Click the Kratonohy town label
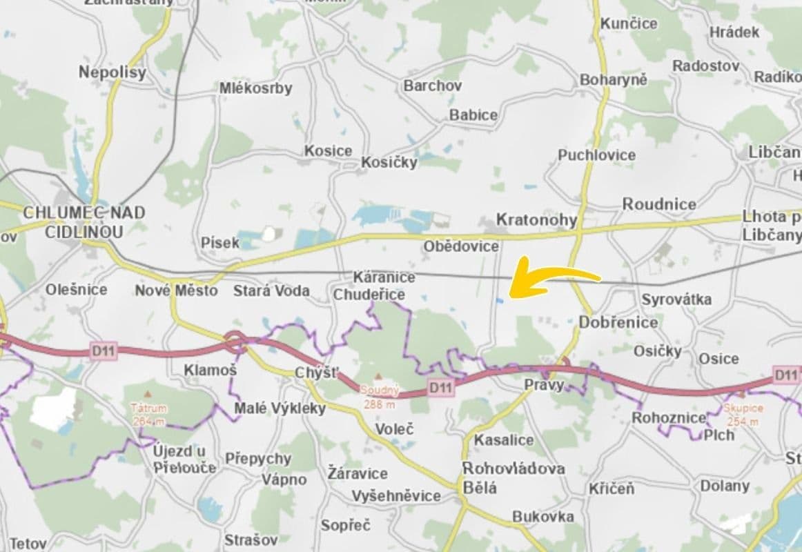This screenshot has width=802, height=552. click(x=536, y=221)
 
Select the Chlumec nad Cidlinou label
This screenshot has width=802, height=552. click(x=84, y=222)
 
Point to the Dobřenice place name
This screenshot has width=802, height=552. click(x=618, y=322)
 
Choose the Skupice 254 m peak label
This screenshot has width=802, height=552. click(x=744, y=414)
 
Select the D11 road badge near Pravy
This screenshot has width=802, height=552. click(x=440, y=387)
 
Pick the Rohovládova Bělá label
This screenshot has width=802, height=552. click(x=513, y=477)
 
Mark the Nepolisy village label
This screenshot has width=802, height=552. click(x=113, y=72)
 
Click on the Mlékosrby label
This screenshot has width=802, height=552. click(x=255, y=88)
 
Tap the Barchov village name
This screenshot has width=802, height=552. click(x=433, y=86)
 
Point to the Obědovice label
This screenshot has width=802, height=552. click(x=461, y=246)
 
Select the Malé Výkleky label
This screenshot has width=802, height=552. click(x=280, y=408)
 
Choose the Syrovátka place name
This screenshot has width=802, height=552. click(x=676, y=299)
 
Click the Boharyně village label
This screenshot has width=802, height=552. click(x=614, y=80)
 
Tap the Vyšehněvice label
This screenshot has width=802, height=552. click(x=395, y=496)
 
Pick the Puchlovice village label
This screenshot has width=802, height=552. click(x=596, y=155)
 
